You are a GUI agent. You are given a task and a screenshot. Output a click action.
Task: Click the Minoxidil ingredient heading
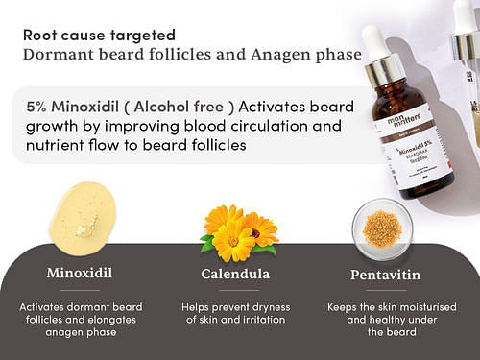pos(80,274)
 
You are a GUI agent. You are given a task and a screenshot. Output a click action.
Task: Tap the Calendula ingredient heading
pos(235,274)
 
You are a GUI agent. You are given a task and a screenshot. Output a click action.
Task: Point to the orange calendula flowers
pos(237,230)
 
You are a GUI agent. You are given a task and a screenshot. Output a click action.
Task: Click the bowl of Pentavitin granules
pos(381,228)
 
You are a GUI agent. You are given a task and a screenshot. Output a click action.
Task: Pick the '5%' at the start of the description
pos(42,104)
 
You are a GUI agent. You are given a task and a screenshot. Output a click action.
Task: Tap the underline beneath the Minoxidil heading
pos(80,289)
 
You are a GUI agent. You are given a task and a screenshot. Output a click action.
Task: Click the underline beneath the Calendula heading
pos(235,289)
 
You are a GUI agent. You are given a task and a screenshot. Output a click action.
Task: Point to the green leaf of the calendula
pos(206,245)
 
